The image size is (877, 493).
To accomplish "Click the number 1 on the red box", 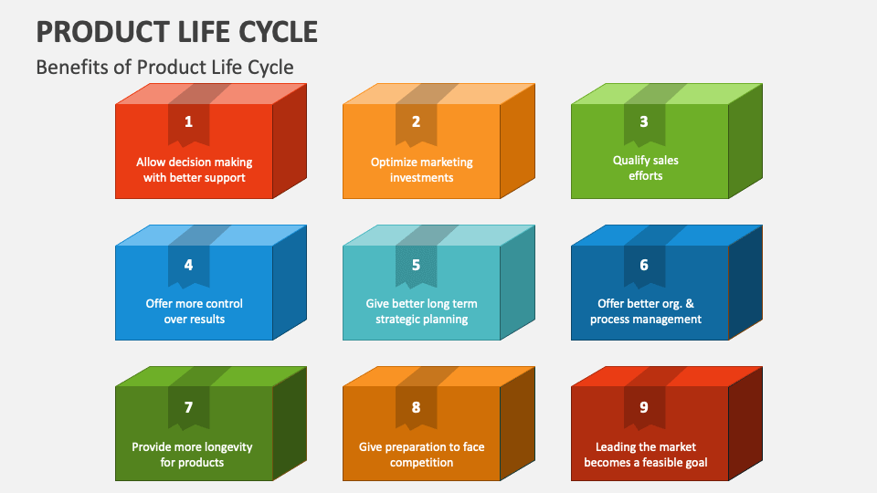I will (x=188, y=121).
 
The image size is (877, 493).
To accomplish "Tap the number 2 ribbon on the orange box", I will (x=416, y=121).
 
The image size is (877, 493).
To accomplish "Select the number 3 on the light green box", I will (x=644, y=121).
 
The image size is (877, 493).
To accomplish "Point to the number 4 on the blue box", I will (x=188, y=265).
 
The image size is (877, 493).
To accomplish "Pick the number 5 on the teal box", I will (x=416, y=265).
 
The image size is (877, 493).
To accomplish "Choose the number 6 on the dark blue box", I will (x=644, y=265).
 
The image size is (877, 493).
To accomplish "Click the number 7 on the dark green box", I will (x=188, y=407).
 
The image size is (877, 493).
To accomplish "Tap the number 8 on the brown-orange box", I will (x=416, y=407).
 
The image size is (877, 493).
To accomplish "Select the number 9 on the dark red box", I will (x=644, y=407).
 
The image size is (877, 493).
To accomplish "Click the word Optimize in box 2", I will (x=394, y=163).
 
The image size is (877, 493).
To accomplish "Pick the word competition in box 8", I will (x=421, y=463).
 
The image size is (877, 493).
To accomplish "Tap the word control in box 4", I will (x=223, y=304).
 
